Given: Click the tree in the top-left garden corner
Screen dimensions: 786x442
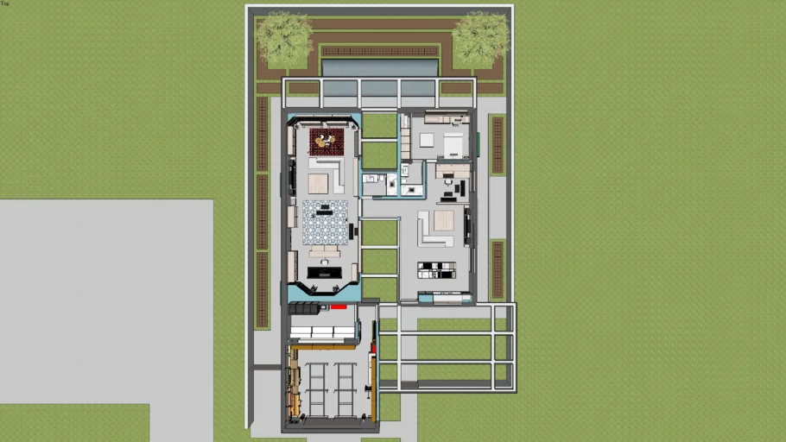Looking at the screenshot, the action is [x=283, y=38].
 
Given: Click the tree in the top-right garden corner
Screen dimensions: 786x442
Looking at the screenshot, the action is [x=480, y=39].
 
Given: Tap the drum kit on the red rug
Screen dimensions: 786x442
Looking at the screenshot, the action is [x=326, y=141].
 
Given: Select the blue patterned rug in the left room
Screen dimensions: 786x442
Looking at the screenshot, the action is [x=326, y=223].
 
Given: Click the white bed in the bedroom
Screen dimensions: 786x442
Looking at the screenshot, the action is [x=453, y=146].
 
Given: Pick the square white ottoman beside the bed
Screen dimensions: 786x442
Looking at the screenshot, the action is [x=427, y=140].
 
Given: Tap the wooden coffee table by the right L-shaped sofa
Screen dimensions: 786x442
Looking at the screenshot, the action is [x=444, y=220].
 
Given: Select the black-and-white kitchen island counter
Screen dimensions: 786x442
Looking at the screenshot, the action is [x=436, y=269].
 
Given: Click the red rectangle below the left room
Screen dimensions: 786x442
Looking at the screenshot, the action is [x=339, y=306].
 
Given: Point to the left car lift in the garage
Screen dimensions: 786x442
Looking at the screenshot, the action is [x=317, y=390].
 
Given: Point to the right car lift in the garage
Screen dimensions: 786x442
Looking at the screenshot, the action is [x=345, y=390].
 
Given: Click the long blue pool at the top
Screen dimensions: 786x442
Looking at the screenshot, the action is [x=380, y=67].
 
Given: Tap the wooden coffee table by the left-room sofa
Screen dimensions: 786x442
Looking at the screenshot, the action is [x=318, y=183].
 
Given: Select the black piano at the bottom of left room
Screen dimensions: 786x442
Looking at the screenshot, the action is [x=325, y=273].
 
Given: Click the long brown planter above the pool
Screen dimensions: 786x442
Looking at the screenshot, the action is [x=380, y=51].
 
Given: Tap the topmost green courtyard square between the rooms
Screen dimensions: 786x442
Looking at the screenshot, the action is [x=379, y=125].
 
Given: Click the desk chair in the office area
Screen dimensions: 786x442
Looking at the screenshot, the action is [x=447, y=182].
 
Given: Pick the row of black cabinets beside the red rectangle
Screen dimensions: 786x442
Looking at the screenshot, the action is [x=304, y=308].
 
